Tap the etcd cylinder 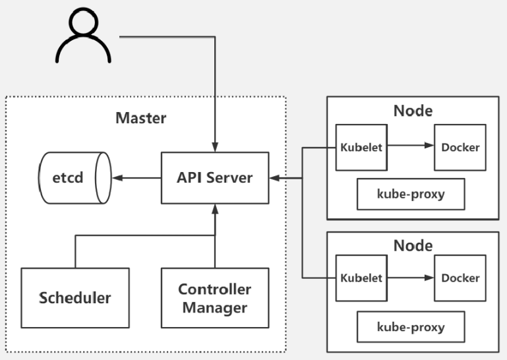(75, 178)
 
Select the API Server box (215, 178)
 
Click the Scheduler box (75, 298)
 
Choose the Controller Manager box (215, 298)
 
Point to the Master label (141, 118)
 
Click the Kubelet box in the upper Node (361, 148)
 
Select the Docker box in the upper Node (460, 148)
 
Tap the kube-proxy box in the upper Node (411, 194)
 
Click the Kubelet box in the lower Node (361, 278)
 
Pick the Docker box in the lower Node (460, 278)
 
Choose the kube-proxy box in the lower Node (411, 326)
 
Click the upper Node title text (413, 111)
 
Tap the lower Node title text (413, 246)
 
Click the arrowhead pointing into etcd (117, 178)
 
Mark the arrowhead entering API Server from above (215, 147)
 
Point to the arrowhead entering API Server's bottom (215, 209)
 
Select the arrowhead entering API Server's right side (274, 178)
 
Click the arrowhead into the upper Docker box (429, 145)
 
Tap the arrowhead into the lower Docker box (429, 278)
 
